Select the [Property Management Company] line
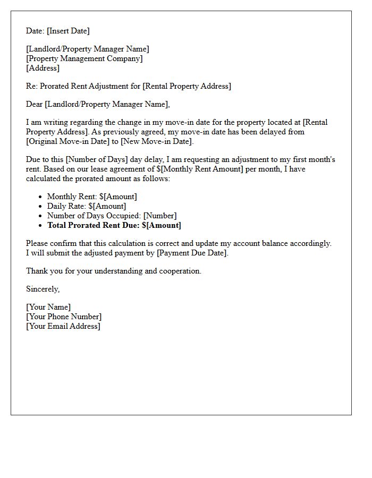pyautogui.click(x=84, y=58)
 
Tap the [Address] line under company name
pyautogui.click(x=43, y=68)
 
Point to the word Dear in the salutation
pyautogui.click(x=35, y=104)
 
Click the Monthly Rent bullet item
pyautogui.click(x=92, y=197)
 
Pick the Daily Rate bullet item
pyautogui.click(x=87, y=206)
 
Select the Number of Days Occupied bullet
pyautogui.click(x=112, y=216)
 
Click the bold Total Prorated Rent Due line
pyautogui.click(x=114, y=225)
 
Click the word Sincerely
pyautogui.click(x=43, y=289)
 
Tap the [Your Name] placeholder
pyautogui.click(x=48, y=307)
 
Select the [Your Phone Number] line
pyautogui.click(x=64, y=317)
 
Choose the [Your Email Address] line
pyautogui.click(x=63, y=326)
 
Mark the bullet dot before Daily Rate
pyautogui.click(x=40, y=207)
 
